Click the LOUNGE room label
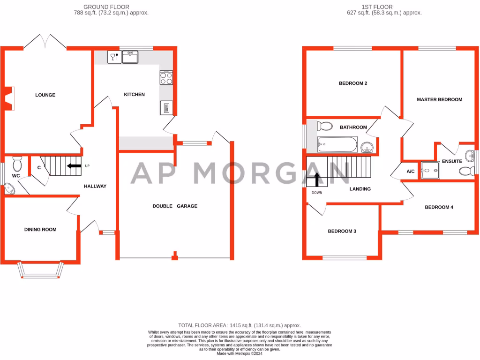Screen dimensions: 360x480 [45, 95]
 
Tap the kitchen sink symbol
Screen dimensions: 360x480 [130, 57]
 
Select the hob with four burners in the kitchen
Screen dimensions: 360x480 [166, 77]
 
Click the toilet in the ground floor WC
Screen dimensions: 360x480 [17, 163]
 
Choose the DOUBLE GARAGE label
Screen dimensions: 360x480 [175, 206]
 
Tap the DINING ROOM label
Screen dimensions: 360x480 [40, 230]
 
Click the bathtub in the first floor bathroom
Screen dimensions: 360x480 [337, 144]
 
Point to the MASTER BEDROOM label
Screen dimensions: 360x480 [439, 99]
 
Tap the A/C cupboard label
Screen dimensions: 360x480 [410, 172]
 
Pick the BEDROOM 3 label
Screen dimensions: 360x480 [342, 231]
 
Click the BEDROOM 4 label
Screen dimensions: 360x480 [439, 207]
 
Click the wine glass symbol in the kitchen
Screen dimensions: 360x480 [113, 57]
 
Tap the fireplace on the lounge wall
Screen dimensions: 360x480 [8, 98]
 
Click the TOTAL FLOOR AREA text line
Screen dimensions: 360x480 [240, 325]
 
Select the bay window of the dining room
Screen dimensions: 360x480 [40, 271]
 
